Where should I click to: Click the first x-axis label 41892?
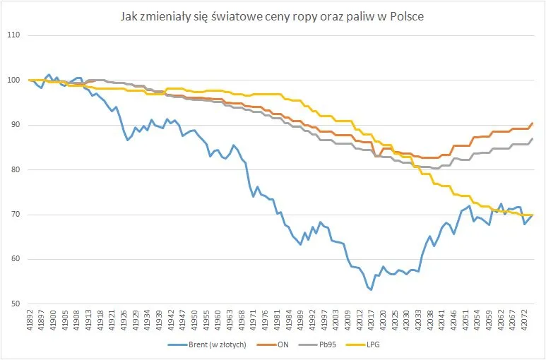click(30, 321)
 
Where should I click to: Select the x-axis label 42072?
click(524, 321)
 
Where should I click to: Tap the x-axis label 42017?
click(371, 321)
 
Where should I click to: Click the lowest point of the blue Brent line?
click(371, 289)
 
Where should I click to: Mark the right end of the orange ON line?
click(532, 123)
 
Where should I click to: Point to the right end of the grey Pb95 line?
click(532, 138)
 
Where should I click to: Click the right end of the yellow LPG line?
click(532, 215)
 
